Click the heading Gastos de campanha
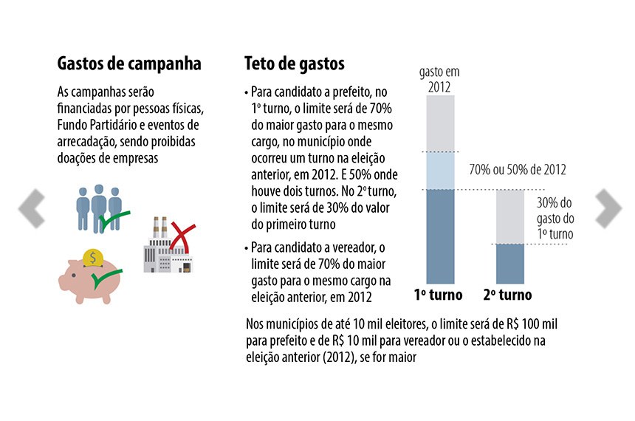coord(129,64)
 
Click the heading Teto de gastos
coord(295,64)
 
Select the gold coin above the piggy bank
coord(93,257)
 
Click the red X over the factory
coord(179,235)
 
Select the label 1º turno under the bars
coord(438,295)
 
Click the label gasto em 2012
coord(439,78)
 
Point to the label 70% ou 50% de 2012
coord(518,170)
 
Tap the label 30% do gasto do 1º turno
coord(555,218)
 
